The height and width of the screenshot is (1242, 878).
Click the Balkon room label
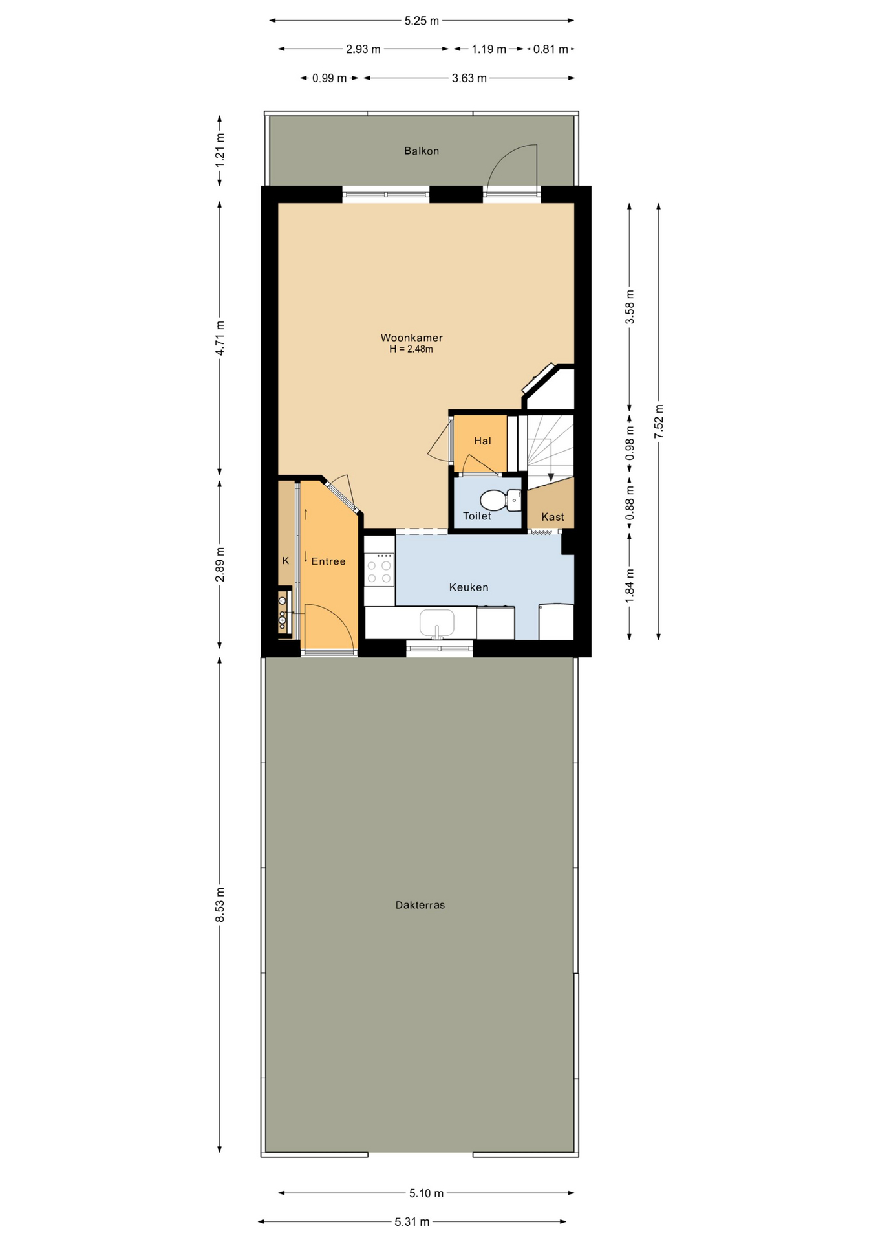422,151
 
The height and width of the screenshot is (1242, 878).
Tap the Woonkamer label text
411,338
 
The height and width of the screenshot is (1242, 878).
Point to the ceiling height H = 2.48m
411,349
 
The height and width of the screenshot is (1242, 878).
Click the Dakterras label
420,905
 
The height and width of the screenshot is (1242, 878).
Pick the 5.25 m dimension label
422,21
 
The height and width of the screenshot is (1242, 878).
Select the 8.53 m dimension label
220,904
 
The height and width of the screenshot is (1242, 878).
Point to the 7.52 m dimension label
659,422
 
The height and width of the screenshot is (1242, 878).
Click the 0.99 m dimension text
330,78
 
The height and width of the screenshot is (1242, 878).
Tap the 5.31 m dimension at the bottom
412,1222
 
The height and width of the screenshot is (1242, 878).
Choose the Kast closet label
553,517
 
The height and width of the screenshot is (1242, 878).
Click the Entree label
328,561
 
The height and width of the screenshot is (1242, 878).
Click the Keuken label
469,587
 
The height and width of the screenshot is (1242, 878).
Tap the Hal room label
483,441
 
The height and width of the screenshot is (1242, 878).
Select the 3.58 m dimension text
630,307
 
